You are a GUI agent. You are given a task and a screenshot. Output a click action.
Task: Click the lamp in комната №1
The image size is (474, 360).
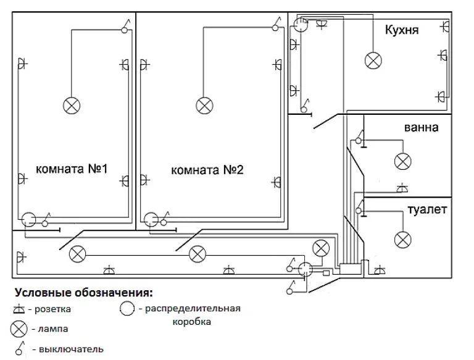pos(72,106)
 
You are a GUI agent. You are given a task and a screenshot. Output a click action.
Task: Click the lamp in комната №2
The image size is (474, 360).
pos(204,106)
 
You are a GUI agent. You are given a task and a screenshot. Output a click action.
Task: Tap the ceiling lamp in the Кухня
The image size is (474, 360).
pos(373,61)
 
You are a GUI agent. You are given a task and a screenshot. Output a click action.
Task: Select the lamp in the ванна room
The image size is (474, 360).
pos(402,161)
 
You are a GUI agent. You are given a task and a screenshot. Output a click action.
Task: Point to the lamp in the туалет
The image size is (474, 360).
pos(402,240)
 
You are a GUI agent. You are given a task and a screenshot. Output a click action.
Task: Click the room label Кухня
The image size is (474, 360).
pos(402,30)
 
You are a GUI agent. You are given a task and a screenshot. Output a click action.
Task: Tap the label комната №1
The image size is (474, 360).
pos(72,169)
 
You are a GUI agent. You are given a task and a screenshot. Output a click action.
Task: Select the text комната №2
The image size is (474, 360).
pos(207,170)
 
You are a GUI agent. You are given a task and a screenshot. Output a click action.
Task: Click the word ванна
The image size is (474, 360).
pos(421,127)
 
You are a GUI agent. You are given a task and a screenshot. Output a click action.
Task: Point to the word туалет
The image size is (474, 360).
pos(427,209)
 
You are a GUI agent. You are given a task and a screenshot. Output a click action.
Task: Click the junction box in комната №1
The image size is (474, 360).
pos(28,219)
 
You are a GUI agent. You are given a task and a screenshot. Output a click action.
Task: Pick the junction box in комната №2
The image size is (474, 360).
pos(151,219)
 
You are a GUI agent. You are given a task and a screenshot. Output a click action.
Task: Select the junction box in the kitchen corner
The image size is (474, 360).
pos(301,25)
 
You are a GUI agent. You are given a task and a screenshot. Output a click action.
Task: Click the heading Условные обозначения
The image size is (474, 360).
pos(84,293)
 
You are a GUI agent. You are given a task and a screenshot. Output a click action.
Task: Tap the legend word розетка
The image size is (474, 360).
pos(52,309)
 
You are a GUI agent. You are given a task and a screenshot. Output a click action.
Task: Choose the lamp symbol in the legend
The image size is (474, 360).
pos(19,329)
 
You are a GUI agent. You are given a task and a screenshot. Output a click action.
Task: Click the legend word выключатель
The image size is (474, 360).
pos(72,350)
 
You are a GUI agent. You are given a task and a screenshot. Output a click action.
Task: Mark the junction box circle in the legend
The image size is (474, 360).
pos(127,308)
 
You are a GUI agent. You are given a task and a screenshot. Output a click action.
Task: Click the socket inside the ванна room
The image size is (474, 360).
pos(402,188)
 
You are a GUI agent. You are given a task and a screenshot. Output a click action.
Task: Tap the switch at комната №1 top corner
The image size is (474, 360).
pos(125,27)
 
